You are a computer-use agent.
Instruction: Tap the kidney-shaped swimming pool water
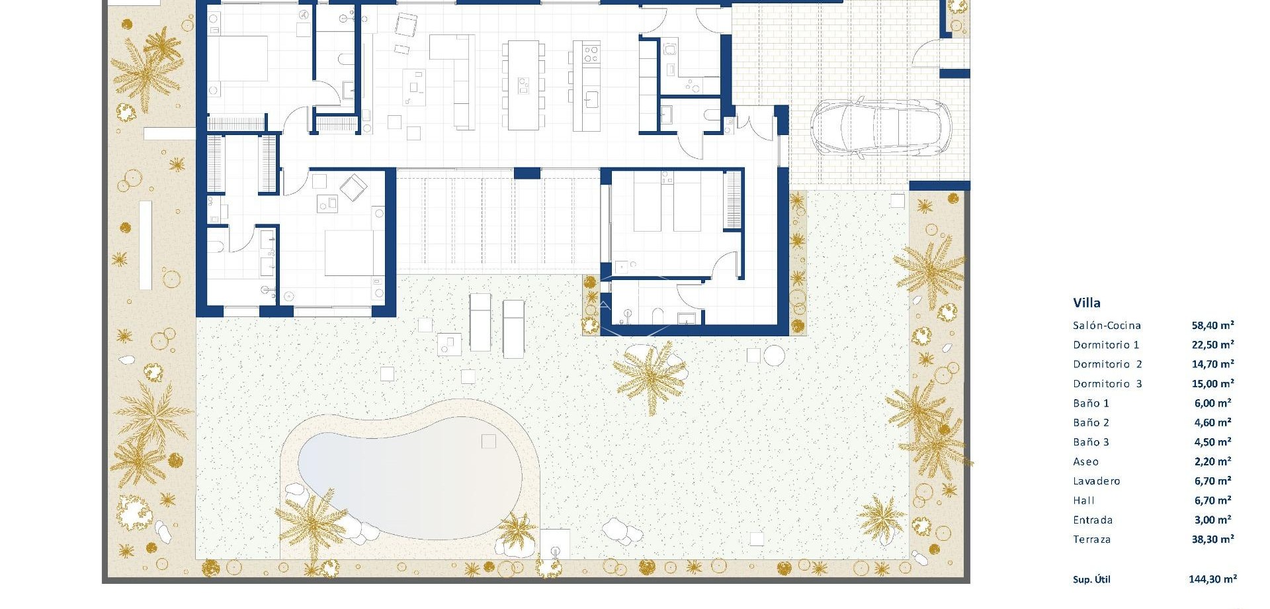[x=410, y=483]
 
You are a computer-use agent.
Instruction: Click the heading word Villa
[x=1087, y=303]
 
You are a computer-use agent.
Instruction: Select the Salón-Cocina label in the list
[x=1107, y=326]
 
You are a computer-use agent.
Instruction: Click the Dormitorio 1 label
[x=1106, y=345]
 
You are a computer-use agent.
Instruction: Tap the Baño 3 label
[x=1091, y=442]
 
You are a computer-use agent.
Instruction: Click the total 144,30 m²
[x=1212, y=579]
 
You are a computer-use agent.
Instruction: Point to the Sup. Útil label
[x=1091, y=580]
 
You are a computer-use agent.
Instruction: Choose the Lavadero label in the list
[x=1096, y=481]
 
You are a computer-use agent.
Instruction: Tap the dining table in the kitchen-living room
[x=523, y=85]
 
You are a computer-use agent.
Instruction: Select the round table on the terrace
[x=774, y=355]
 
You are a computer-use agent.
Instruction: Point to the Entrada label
[x=1093, y=520]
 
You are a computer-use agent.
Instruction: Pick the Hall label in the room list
[x=1083, y=501]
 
